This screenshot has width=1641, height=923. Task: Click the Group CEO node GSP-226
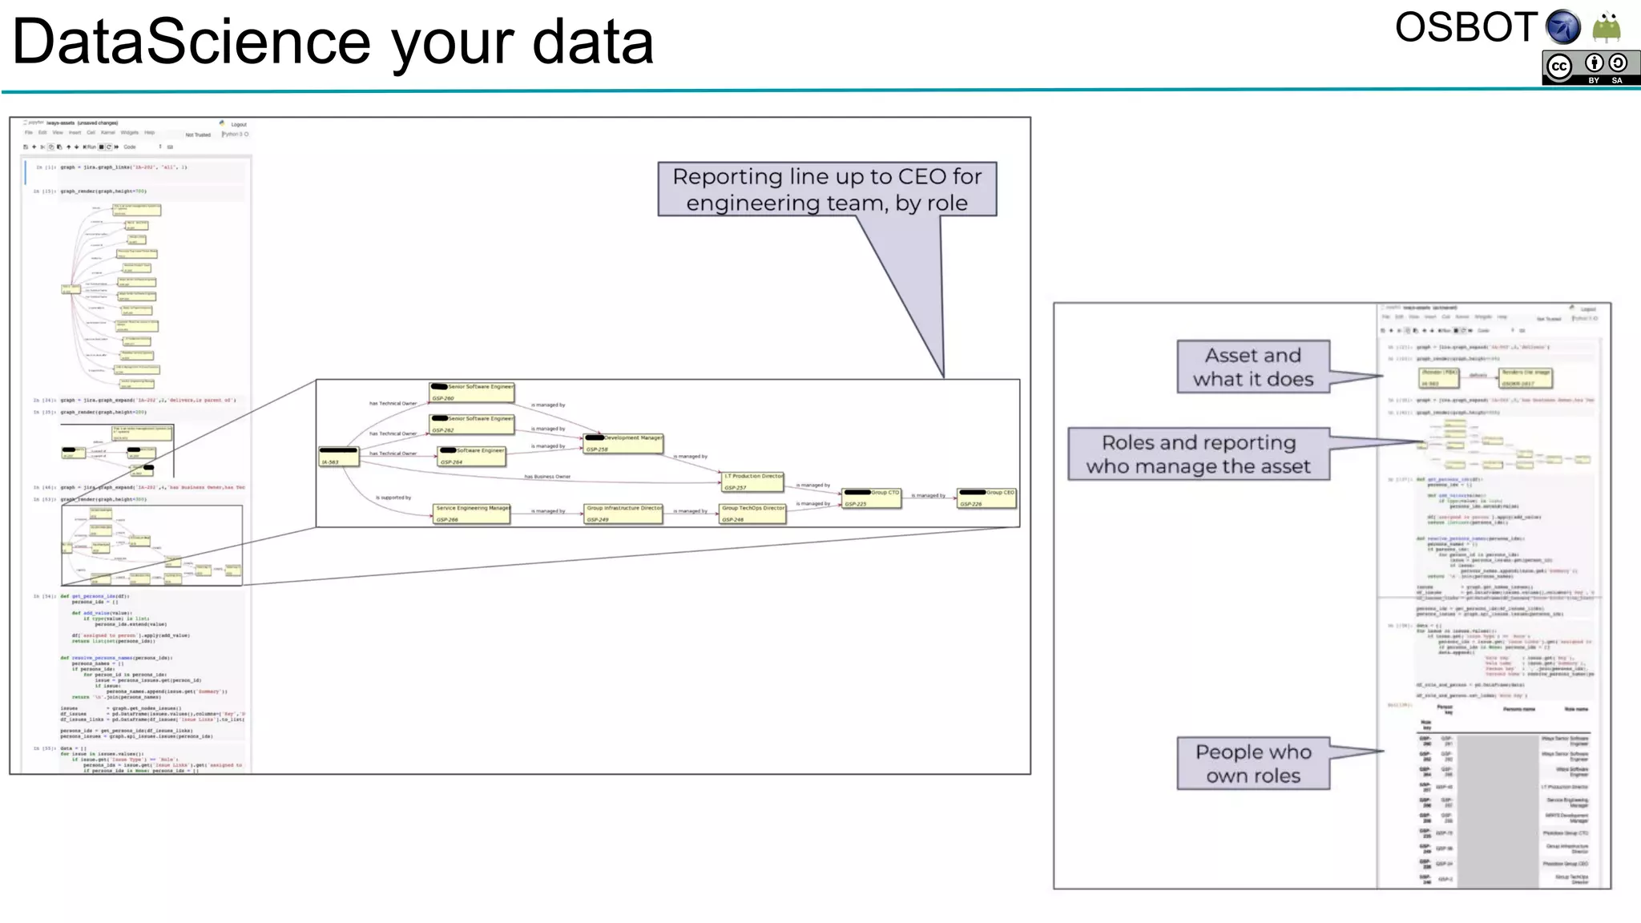coord(987,498)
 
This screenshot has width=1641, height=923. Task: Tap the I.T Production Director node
coord(753,482)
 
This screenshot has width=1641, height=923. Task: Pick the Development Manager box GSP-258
coord(623,443)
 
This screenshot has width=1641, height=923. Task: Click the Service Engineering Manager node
coord(472,514)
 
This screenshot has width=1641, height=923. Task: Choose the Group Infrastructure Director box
coord(623,514)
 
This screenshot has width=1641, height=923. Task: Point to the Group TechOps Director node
coord(752,514)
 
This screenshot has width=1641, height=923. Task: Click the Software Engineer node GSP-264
coord(472,456)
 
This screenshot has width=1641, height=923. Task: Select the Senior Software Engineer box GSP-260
coord(472,392)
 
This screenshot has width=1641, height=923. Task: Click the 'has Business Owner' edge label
coord(547,477)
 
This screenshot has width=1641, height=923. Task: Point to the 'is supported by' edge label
coord(393,498)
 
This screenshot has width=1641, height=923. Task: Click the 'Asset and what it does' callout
coord(1253,367)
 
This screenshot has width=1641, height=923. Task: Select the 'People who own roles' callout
coord(1253,764)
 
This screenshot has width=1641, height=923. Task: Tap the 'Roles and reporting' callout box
coord(1199,454)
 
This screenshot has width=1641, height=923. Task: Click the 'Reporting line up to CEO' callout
coord(827,190)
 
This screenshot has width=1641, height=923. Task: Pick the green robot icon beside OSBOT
coord(1607,27)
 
